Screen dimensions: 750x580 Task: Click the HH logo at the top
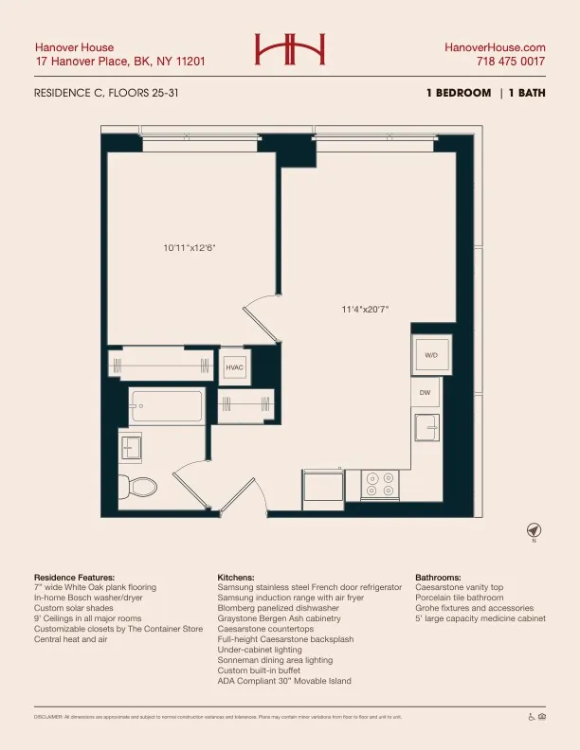pos(289,48)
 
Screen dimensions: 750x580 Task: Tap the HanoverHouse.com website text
pos(495,47)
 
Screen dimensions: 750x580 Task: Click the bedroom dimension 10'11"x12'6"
pos(190,248)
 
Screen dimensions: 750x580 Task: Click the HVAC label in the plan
pos(234,367)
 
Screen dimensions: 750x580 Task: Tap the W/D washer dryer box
pos(431,355)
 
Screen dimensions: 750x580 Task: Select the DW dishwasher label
pos(426,392)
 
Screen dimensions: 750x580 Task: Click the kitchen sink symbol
pos(427,427)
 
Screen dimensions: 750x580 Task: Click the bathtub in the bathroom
pos(167,407)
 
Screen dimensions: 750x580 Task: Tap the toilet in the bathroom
pos(138,486)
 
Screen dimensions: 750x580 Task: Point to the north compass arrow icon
pos(534,529)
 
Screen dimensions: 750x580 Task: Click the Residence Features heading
pos(74,577)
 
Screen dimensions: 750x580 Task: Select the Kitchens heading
pos(236,577)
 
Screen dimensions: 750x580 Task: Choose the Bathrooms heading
pos(438,577)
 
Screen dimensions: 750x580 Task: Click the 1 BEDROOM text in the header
pos(459,94)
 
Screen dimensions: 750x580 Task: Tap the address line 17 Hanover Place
pos(119,62)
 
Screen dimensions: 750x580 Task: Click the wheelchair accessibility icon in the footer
pos(532,717)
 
